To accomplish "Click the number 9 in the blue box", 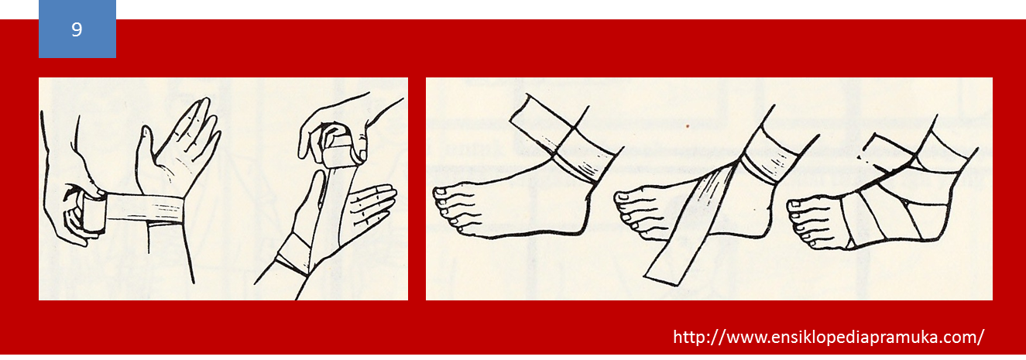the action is pos(77,29).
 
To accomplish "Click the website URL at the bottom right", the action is pos(828,337).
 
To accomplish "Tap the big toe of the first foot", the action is pos(443,194).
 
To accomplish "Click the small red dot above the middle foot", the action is pos(688,126).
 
